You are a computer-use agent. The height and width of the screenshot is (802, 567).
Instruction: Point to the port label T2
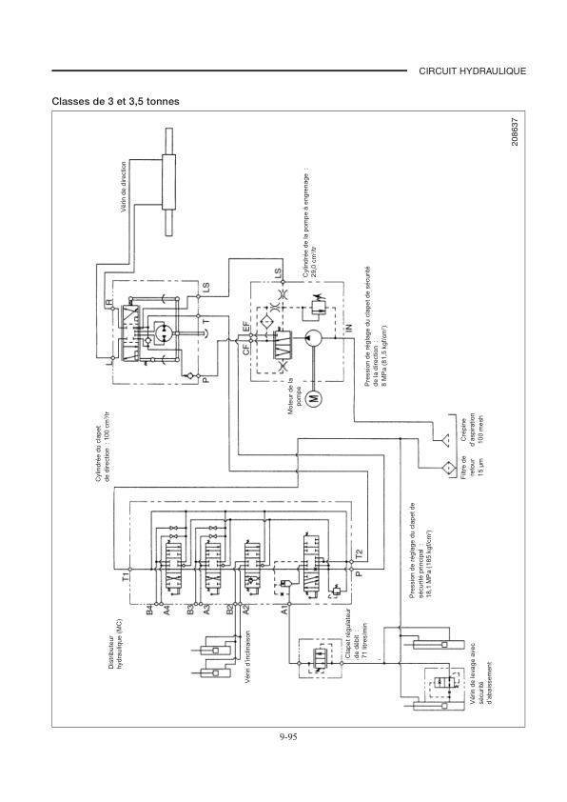[x=358, y=551]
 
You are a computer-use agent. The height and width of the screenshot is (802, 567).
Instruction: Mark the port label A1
[x=285, y=607]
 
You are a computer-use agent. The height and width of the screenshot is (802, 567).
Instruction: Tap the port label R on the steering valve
[x=108, y=301]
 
